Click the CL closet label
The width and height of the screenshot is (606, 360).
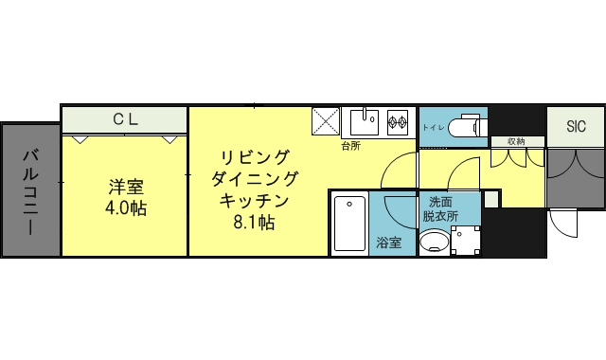(126, 119)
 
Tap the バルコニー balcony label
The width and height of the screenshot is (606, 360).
(29, 191)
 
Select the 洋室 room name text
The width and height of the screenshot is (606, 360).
(126, 186)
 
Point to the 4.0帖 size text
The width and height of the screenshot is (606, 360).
(126, 207)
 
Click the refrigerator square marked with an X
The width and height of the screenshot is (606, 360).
(327, 121)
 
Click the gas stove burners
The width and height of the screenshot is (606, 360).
(396, 121)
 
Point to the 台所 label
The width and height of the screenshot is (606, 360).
(351, 147)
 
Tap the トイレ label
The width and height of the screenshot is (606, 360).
(433, 126)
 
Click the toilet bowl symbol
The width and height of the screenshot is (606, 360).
(468, 126)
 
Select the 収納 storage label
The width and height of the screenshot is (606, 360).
(515, 142)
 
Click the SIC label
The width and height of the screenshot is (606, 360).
(576, 126)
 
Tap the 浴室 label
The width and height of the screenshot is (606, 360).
(388, 243)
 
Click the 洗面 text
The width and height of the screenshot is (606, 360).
(440, 202)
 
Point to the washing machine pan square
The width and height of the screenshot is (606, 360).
(466, 242)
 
